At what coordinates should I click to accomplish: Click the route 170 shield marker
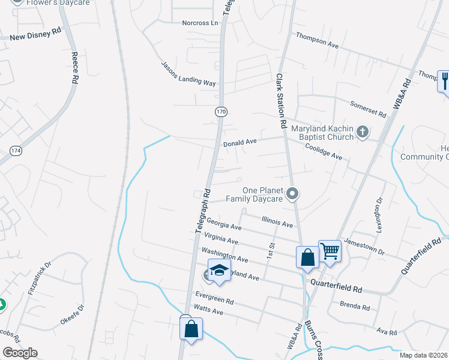point(220,111)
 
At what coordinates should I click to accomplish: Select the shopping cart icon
point(330,250)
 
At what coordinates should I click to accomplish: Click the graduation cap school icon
point(220,269)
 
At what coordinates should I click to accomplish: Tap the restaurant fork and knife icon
point(444,80)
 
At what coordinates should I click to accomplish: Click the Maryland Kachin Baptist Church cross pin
point(362,132)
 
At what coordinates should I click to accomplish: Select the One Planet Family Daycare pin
point(292,193)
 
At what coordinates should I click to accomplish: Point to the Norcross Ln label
point(200,23)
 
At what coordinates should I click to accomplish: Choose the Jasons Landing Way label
point(188,74)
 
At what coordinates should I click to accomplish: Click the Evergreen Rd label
point(214,298)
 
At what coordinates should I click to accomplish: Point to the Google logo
point(20,353)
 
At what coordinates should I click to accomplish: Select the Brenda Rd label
point(355,306)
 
